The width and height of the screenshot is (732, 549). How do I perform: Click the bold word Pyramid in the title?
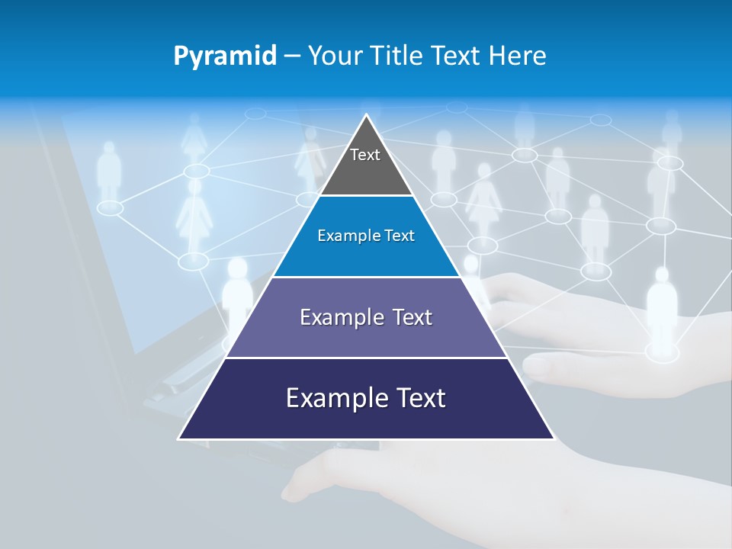(225, 56)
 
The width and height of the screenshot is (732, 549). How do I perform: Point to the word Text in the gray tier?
(365, 155)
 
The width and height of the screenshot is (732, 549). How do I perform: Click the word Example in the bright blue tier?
(341, 236)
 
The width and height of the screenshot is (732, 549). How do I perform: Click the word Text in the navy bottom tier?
(418, 398)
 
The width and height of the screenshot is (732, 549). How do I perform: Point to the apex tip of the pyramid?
(367, 116)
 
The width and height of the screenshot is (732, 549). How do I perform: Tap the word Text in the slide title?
(455, 56)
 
